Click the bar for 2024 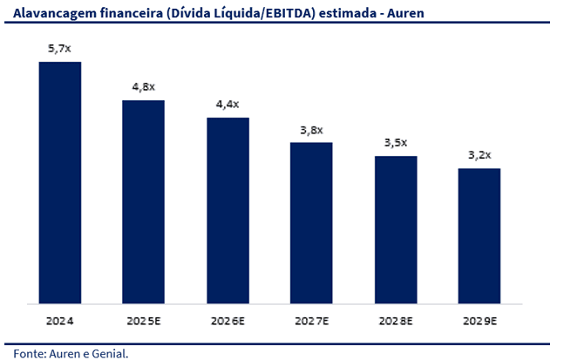[59, 183]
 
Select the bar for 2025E [143, 202]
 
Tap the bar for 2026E [228, 211]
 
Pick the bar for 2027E [311, 223]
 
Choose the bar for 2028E [396, 230]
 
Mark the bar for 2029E [479, 236]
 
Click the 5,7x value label [59, 49]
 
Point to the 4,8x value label [143, 87]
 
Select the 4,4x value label [228, 105]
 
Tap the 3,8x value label [311, 130]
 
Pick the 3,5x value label [396, 143]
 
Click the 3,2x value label [479, 155]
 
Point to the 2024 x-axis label [59, 321]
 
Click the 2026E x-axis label [228, 321]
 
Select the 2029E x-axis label [479, 321]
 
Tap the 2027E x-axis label [311, 321]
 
